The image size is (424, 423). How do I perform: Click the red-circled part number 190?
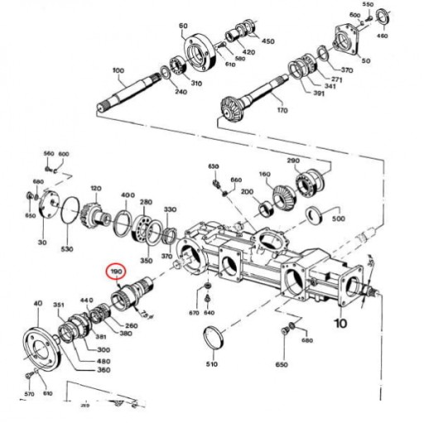(x=117, y=272)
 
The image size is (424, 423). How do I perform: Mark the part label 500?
(x=338, y=219)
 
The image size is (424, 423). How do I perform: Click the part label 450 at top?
(x=267, y=41)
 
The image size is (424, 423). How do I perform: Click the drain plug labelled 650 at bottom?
(x=286, y=332)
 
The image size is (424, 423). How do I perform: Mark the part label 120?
(x=94, y=190)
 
